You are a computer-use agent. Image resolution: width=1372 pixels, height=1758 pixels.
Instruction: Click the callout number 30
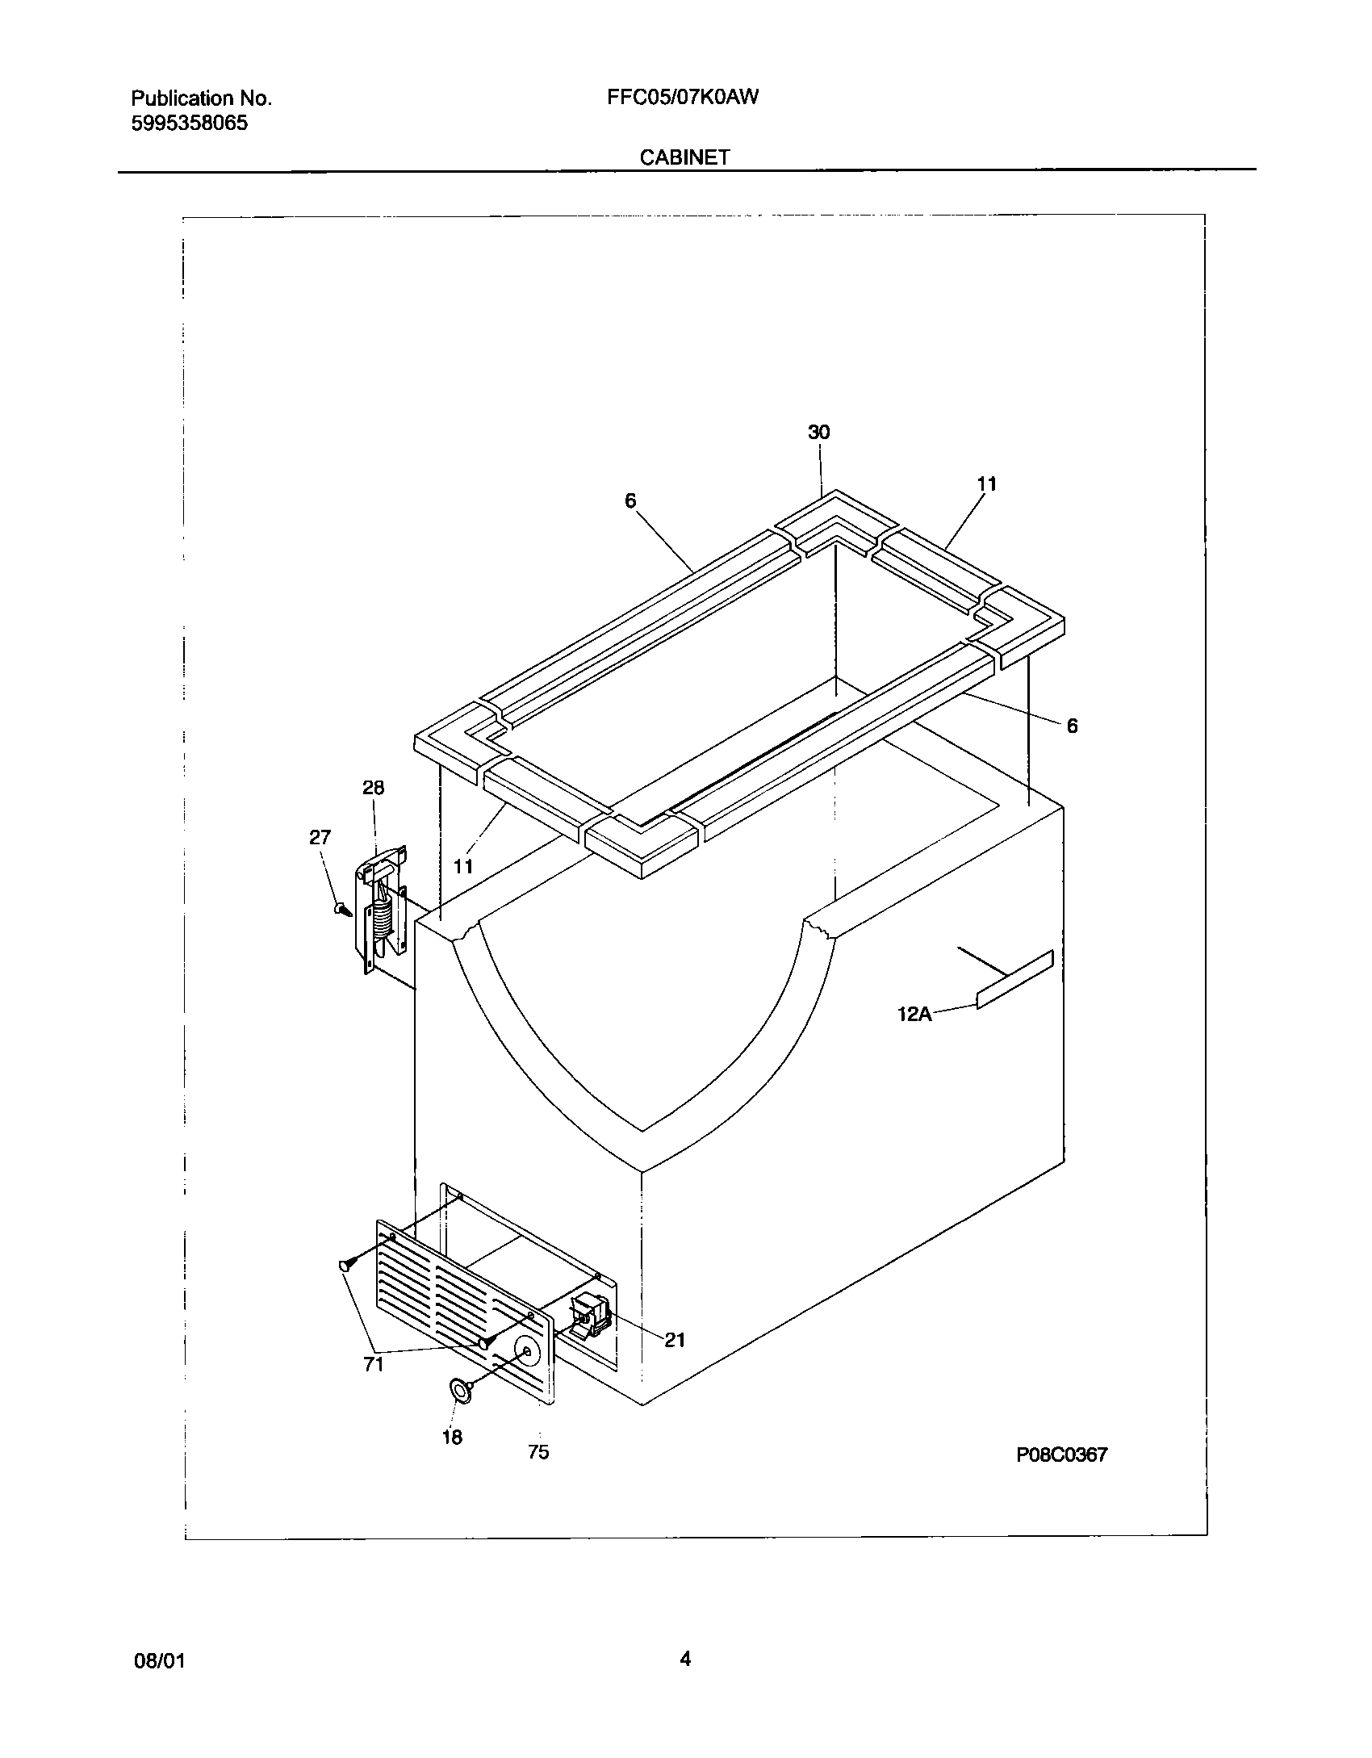(x=818, y=433)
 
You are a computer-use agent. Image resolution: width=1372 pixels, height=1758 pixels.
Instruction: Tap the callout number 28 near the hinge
(x=373, y=788)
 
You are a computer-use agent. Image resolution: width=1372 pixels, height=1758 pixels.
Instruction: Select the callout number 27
(x=320, y=838)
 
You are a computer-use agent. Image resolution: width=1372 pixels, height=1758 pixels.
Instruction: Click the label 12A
(x=914, y=1014)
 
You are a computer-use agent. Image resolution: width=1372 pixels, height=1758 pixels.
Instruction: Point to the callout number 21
(x=675, y=1340)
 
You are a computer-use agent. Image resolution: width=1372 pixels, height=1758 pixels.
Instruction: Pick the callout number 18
(x=452, y=1437)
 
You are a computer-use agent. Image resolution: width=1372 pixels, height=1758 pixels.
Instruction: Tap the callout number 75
(x=538, y=1452)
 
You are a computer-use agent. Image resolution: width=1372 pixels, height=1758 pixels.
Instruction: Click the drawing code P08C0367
(x=1062, y=1455)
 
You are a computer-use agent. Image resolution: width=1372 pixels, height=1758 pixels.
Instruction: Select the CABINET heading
(x=684, y=157)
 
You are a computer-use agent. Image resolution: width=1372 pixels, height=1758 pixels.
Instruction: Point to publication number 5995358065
(x=190, y=123)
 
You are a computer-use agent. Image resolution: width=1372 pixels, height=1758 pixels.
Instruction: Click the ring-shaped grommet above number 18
(x=460, y=1389)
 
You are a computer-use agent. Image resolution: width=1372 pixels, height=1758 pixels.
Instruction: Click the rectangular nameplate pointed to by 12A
(x=1014, y=979)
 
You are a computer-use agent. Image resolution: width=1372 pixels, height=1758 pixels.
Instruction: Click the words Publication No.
(x=201, y=98)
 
